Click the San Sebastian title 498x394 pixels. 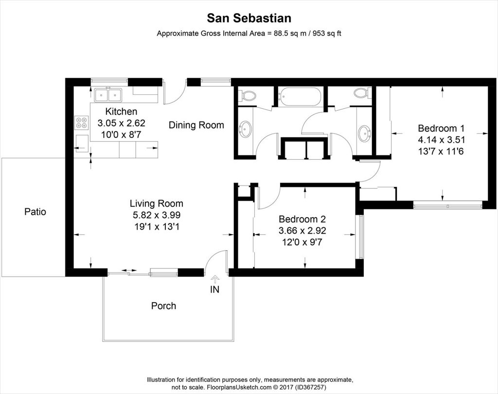click(249, 18)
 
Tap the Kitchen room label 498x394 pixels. click(121, 111)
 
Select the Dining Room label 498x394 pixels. click(196, 125)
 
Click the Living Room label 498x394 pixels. click(156, 204)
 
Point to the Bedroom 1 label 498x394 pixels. click(441, 129)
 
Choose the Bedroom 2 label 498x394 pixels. click(302, 219)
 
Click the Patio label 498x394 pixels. click(35, 212)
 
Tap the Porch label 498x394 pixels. click(163, 306)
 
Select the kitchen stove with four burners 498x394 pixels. click(81, 122)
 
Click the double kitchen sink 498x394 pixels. click(108, 94)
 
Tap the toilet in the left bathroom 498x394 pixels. click(249, 95)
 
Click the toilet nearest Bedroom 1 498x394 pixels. click(361, 93)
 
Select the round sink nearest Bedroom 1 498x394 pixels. click(364, 133)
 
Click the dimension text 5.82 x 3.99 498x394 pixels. click(156, 215)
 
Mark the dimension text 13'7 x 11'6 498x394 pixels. click(441, 151)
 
